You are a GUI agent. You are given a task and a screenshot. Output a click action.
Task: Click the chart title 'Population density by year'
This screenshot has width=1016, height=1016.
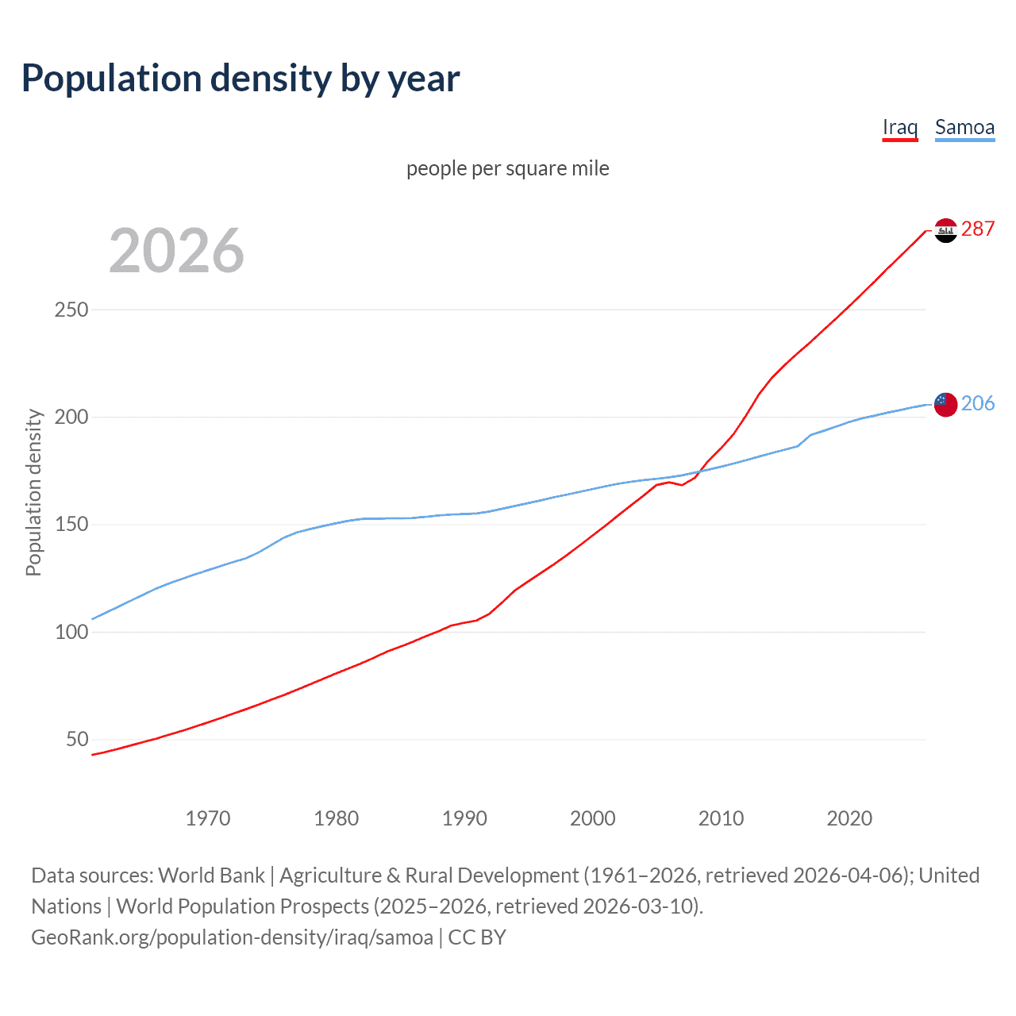(241, 79)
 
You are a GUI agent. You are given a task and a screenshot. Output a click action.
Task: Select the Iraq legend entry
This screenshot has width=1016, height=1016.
(899, 128)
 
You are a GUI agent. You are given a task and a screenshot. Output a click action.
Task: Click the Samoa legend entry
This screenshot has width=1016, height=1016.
(964, 128)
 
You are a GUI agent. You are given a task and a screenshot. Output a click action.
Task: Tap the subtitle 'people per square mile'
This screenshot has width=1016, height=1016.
(507, 168)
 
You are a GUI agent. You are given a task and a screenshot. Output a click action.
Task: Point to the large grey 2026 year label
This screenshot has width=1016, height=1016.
(176, 251)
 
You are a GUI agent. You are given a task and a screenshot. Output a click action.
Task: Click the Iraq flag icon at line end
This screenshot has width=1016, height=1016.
(945, 230)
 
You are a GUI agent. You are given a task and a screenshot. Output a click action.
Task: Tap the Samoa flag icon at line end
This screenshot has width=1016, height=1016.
(945, 404)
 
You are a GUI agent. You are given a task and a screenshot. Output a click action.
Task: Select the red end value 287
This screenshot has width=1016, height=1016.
(978, 229)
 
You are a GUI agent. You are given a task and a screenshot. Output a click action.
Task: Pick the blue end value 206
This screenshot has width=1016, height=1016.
(978, 403)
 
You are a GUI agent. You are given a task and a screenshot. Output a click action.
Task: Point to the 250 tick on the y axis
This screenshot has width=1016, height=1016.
(71, 310)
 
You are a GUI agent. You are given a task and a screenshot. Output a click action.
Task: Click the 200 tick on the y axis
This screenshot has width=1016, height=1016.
(71, 417)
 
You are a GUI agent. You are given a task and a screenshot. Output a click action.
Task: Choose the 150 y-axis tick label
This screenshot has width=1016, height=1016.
(71, 525)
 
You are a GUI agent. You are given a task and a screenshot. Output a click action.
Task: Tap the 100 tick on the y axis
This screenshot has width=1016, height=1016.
(71, 632)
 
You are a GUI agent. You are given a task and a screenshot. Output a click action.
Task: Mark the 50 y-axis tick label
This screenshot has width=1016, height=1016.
(77, 740)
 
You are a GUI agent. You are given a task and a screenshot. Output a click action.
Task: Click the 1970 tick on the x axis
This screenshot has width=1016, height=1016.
(208, 818)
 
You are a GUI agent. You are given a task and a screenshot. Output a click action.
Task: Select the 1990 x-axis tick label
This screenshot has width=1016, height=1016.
(464, 818)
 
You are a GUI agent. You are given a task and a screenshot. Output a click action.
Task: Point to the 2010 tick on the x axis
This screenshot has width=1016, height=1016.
(721, 818)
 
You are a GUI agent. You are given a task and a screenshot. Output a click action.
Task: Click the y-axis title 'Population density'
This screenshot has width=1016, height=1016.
(33, 492)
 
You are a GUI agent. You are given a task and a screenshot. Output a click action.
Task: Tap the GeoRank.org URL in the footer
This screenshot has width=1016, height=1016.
(232, 937)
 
